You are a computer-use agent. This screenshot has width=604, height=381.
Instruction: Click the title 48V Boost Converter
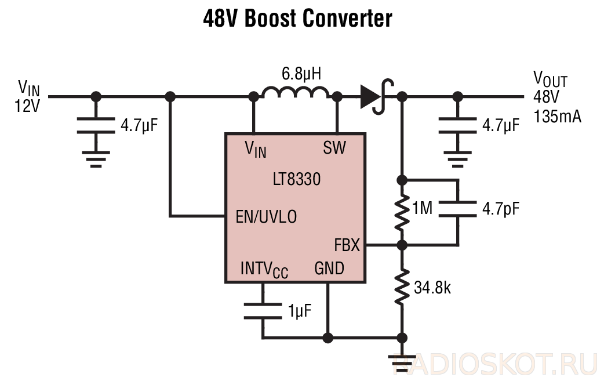pos(297,18)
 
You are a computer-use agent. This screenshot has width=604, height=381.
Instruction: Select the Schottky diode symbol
pos(377,96)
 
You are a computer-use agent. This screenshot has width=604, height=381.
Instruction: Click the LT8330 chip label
pos(297,179)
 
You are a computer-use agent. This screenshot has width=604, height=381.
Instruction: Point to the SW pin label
pos(334,147)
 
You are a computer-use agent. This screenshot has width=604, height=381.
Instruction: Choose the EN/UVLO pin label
pos(266,217)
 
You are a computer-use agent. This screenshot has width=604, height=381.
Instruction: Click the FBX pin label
pos(347,245)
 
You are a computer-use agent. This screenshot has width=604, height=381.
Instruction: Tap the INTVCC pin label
pos(264,269)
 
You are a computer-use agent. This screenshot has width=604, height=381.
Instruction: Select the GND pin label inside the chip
pos(329,268)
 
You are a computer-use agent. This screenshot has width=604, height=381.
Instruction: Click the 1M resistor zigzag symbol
pos(402,212)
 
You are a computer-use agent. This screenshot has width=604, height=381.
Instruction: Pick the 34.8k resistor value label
pos(432,288)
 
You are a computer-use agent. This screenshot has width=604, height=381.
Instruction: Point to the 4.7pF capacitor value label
pos(501,209)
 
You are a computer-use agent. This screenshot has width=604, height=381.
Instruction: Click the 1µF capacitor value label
pos(300,310)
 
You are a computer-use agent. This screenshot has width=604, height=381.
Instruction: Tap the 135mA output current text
pos(557,117)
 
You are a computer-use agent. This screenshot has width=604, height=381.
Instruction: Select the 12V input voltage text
pos(27,106)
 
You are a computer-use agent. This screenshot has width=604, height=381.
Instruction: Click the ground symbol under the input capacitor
pos(96,159)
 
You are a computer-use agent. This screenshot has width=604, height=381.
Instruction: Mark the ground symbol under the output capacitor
pos(457,159)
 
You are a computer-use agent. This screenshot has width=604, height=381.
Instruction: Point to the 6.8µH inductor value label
pos(301,74)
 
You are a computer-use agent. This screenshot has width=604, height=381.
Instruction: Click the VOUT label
pos(550,79)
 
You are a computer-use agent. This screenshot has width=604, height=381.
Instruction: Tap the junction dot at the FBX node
pos(402,245)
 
